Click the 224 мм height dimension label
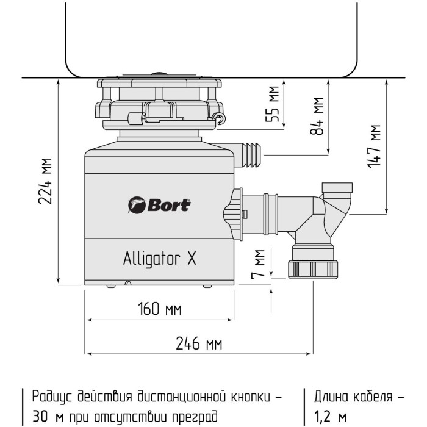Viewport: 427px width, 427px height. pos(45,181)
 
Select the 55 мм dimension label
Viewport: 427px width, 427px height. pos(272,104)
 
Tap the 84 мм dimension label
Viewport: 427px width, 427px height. pos(317,116)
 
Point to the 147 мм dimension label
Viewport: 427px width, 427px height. pos(373,146)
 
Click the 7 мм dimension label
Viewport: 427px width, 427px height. pos(258,264)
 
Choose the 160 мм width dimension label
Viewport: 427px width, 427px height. pos(159,309)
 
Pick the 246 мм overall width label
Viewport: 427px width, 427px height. pos(199,343)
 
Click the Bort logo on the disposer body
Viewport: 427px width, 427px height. pos(159,205)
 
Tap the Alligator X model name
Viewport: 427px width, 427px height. pos(160,258)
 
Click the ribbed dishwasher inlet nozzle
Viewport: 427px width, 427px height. pos(251,155)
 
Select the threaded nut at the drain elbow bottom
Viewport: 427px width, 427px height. pos(313,270)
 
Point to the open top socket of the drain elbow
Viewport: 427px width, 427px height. pos(337,187)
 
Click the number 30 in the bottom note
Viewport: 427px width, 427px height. pos(40,416)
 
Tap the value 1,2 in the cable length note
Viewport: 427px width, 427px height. pos(323,417)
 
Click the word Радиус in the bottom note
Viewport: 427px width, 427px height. pos(52,397)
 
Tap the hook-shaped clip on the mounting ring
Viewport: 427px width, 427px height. pos(220,118)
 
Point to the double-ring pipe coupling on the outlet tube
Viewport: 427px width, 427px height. pos(270,214)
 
